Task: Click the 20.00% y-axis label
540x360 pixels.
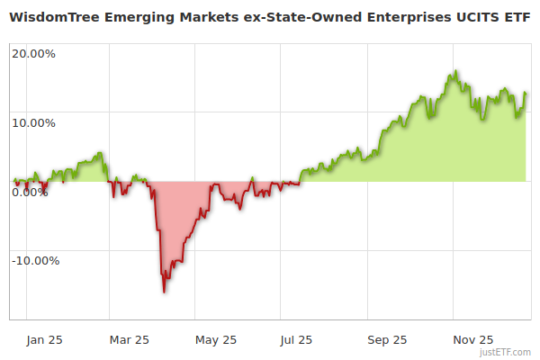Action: point(33,53)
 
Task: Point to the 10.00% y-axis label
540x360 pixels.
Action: point(33,122)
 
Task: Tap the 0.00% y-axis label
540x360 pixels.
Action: point(30,192)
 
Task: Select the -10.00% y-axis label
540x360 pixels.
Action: point(35,261)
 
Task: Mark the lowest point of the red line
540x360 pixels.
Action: point(164,292)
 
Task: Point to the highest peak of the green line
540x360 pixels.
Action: point(456,71)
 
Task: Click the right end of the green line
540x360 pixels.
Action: point(526,93)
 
